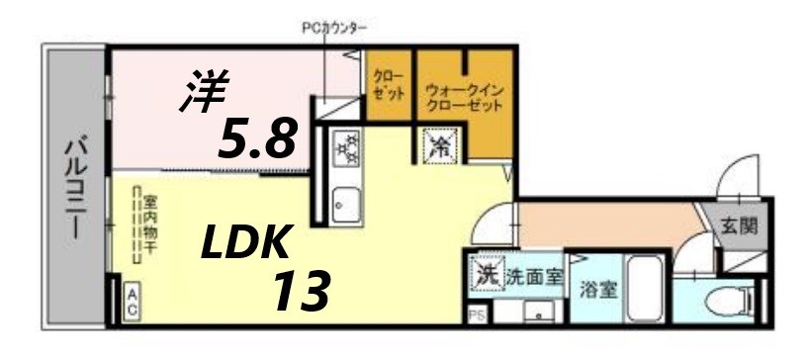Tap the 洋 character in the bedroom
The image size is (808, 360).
(203, 92)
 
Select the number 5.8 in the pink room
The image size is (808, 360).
(257, 140)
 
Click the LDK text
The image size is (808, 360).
(246, 242)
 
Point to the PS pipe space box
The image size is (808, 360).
(476, 315)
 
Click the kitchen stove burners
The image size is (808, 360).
(346, 149)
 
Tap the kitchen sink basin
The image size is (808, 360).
(345, 206)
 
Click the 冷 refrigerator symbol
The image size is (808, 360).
(440, 148)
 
